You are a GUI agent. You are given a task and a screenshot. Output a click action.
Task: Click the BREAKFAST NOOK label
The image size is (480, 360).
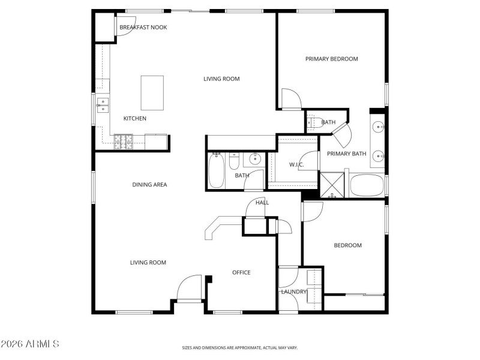[143, 28]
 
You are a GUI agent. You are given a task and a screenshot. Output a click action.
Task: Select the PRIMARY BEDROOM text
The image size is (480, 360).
[331, 59]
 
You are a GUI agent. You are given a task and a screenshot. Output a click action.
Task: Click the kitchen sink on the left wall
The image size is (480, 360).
[103, 106]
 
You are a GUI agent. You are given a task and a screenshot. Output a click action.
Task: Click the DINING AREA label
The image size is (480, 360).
[149, 185]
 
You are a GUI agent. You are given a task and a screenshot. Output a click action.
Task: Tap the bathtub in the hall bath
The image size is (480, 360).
[215, 170]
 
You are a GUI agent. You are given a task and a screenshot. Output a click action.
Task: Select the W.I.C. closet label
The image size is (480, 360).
[296, 164]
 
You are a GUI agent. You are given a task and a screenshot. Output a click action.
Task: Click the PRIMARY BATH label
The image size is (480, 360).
[346, 154]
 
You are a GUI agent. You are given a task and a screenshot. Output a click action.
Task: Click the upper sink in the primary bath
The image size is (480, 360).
[378, 127]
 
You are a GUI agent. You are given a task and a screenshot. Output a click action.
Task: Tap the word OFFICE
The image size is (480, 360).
[241, 272]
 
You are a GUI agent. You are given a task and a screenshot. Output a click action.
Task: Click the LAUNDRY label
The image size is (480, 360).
[294, 292]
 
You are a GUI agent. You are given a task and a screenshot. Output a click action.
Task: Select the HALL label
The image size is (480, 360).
[262, 203]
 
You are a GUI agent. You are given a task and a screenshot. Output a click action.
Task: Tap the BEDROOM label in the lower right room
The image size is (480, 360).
[347, 245]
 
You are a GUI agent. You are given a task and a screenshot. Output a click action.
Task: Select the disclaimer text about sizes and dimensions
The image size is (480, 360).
[239, 347]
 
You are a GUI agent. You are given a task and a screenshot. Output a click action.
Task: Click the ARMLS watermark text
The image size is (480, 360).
[30, 344]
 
